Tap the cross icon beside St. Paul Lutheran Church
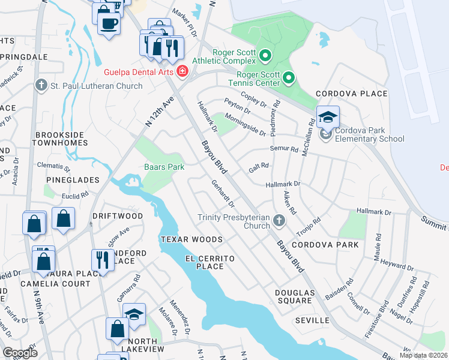click(x=41, y=86)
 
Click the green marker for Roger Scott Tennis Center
click(x=289, y=77)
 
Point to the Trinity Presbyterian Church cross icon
click(x=278, y=221)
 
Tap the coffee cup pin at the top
click(x=109, y=24)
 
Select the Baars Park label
click(x=164, y=167)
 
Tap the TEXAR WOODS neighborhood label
click(x=191, y=239)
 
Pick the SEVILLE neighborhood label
click(x=312, y=320)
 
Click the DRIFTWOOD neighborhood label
click(x=117, y=215)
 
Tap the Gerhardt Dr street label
click(x=222, y=193)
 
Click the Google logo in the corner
click(x=20, y=352)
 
